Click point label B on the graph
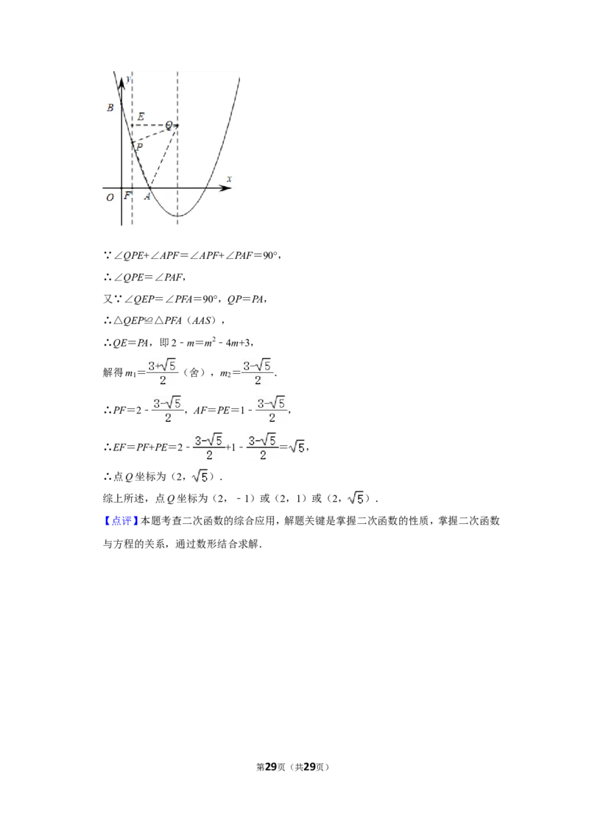[110, 107]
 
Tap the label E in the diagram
[141, 116]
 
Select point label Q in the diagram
[169, 125]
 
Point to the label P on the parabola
[139, 146]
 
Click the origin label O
[110, 197]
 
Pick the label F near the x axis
[127, 196]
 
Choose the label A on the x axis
[147, 196]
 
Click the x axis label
[229, 179]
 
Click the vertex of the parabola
[177, 216]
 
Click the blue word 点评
[121, 521]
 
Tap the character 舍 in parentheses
[194, 372]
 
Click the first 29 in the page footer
[271, 767]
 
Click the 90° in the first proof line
[270, 255]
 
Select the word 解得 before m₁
[113, 372]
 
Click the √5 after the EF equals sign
[297, 447]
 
